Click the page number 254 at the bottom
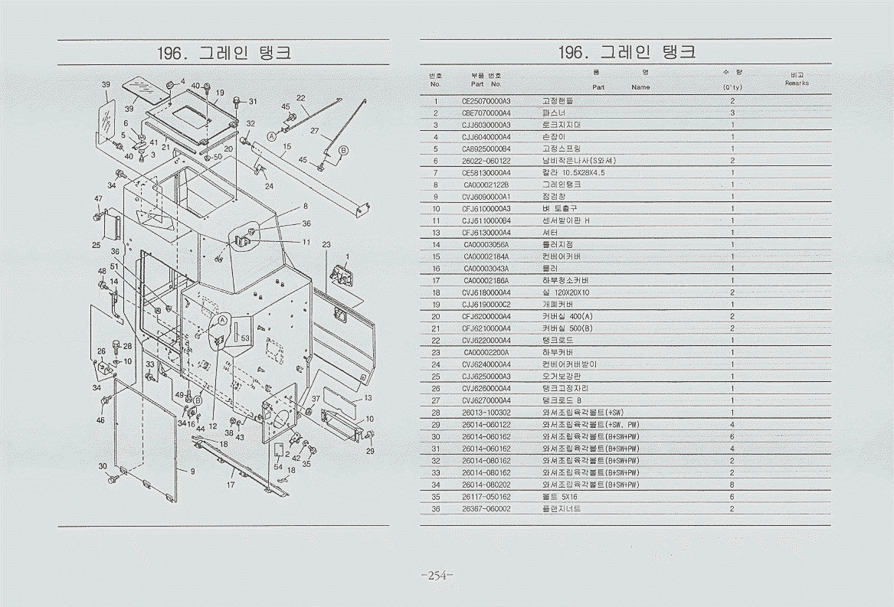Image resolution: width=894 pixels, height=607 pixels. [437, 576]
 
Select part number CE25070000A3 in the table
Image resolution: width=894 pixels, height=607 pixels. [486, 101]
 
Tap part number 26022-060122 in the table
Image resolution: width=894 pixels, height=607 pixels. [486, 161]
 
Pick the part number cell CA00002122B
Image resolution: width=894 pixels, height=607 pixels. [486, 184]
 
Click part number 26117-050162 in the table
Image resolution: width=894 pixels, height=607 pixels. [486, 497]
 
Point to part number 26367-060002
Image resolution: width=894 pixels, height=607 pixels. [486, 508]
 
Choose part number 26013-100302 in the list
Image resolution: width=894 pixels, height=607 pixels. [486, 413]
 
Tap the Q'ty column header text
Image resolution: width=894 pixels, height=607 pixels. [732, 87]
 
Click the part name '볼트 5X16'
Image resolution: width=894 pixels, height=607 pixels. [558, 497]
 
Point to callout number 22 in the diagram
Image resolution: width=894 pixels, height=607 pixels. [301, 98]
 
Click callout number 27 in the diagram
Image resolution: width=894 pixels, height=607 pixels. [315, 131]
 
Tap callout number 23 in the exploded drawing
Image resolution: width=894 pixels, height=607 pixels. [326, 245]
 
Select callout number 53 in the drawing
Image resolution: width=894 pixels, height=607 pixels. [245, 338]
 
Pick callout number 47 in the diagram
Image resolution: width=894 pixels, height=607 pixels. [99, 199]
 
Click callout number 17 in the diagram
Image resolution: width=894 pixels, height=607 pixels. [231, 485]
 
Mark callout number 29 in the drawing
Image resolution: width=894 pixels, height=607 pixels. [371, 452]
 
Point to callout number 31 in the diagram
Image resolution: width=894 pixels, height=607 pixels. [253, 102]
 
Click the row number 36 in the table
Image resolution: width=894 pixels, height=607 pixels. [435, 508]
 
